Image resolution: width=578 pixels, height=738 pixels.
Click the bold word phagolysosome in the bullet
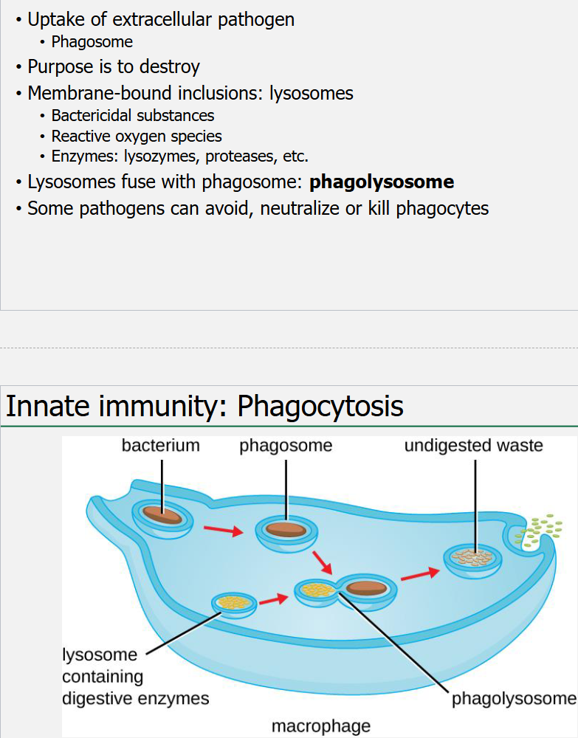point(382,182)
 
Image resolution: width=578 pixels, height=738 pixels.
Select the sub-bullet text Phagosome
point(92,42)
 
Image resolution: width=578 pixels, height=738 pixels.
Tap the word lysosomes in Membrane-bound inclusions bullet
point(311,94)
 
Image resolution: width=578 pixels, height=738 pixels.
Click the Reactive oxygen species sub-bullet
point(137,137)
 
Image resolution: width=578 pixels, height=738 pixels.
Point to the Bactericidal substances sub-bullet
point(133,116)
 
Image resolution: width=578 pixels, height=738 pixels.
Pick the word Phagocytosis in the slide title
point(320,407)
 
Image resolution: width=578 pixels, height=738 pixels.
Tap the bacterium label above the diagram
point(161,446)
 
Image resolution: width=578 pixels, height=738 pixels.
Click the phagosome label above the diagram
point(286,446)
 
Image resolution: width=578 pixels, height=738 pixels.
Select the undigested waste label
point(473,446)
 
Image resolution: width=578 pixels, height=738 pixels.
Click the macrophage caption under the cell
point(321,726)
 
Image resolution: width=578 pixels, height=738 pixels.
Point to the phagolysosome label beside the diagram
point(514,699)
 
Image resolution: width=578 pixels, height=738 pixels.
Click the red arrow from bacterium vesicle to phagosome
point(223,530)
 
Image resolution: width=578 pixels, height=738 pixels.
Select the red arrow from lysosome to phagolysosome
point(273,599)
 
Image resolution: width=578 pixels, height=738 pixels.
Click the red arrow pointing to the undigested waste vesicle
point(418,575)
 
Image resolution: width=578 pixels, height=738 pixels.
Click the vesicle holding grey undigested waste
point(473,559)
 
